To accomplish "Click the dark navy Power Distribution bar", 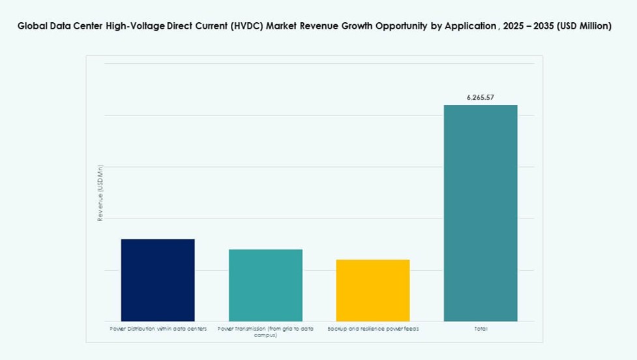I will [x=158, y=280].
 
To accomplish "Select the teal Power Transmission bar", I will [x=265, y=285].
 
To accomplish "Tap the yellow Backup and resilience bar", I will [x=373, y=290].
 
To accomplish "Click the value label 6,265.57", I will [x=481, y=97].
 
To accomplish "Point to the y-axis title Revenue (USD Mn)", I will [x=100, y=193].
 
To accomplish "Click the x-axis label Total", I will [x=481, y=329].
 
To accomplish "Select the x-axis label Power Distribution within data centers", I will [x=158, y=329].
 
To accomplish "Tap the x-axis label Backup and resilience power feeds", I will [x=373, y=329].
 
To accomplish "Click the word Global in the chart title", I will [x=33, y=27].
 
